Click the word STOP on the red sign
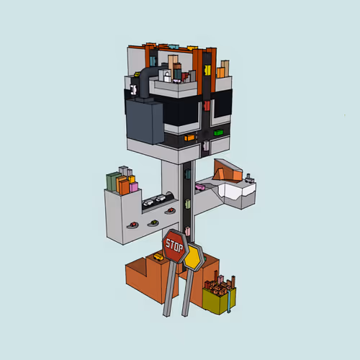point(174,246)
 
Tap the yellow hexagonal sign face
point(192,258)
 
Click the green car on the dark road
point(218,132)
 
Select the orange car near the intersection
point(189,138)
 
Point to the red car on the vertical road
point(207,106)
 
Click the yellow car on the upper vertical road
point(207,70)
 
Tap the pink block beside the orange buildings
point(134,187)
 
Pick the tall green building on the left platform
point(112,181)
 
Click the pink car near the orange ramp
point(200,186)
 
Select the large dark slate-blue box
point(145,122)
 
